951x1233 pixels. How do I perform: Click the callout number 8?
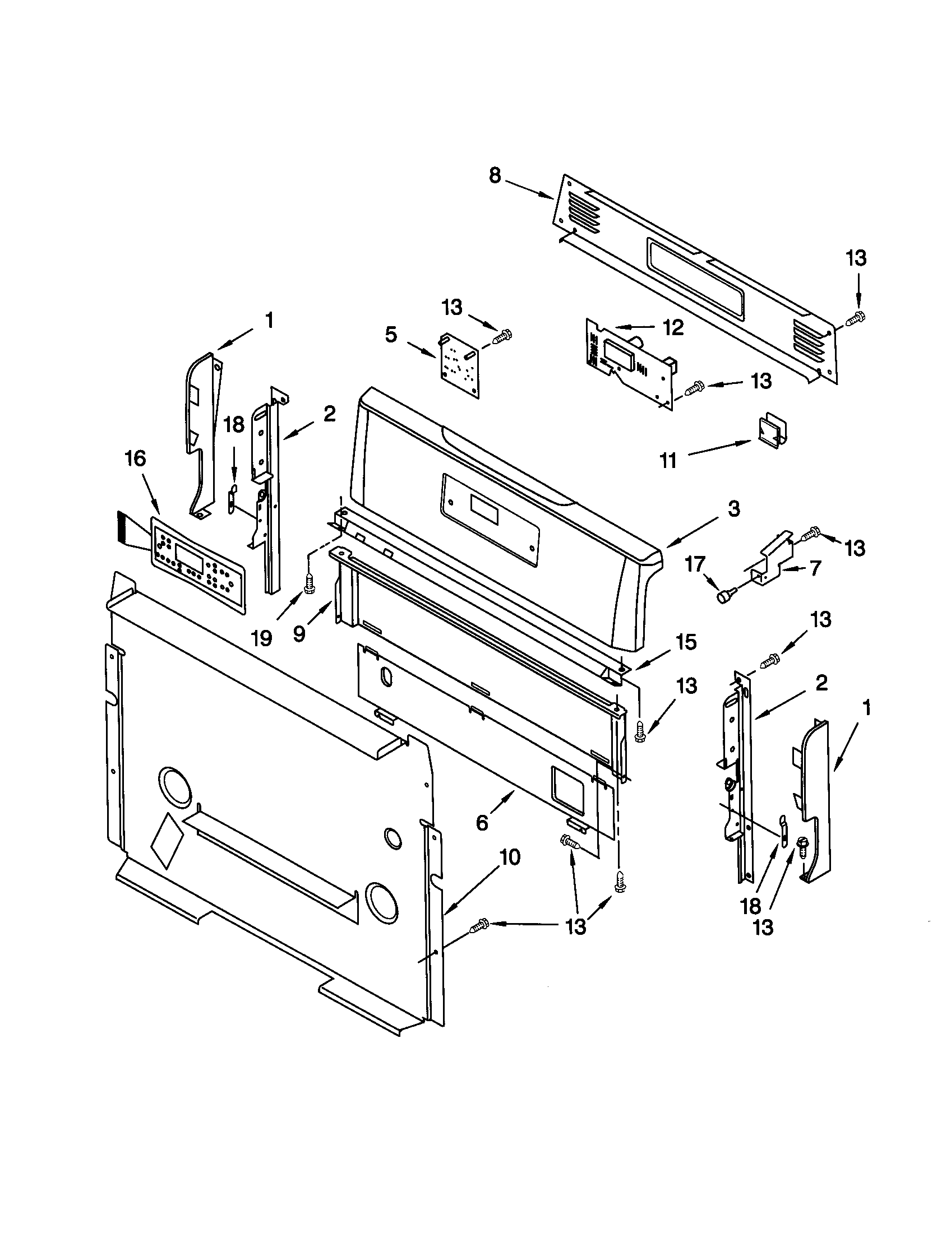[494, 175]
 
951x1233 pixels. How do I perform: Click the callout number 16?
[136, 458]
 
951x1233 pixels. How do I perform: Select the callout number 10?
[509, 857]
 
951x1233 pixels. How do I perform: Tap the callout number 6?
[482, 823]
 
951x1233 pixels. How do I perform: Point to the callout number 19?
[261, 638]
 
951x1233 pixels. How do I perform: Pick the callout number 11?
[668, 461]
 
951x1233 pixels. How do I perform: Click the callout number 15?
[686, 642]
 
